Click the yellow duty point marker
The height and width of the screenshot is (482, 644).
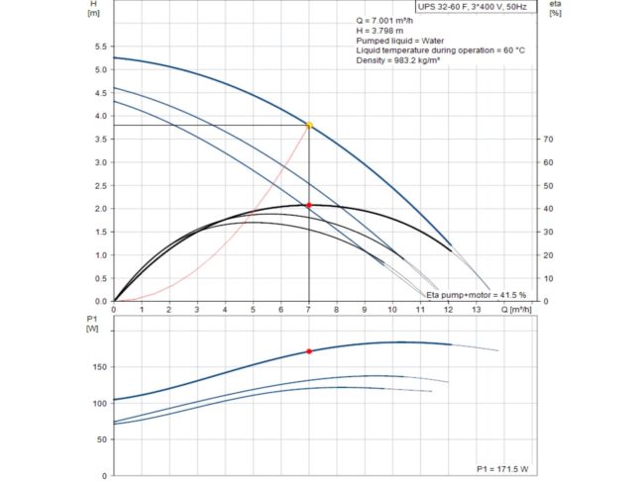click(x=309, y=126)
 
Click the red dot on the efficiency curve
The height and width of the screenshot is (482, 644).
click(x=309, y=205)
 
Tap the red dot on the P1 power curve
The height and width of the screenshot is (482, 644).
click(x=309, y=351)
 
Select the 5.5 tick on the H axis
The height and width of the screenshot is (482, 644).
click(x=98, y=47)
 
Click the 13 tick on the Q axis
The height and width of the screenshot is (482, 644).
click(x=476, y=309)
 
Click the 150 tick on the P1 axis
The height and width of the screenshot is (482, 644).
click(x=97, y=367)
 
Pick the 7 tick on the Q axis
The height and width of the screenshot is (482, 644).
click(x=309, y=309)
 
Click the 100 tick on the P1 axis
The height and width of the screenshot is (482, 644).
click(x=97, y=404)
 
